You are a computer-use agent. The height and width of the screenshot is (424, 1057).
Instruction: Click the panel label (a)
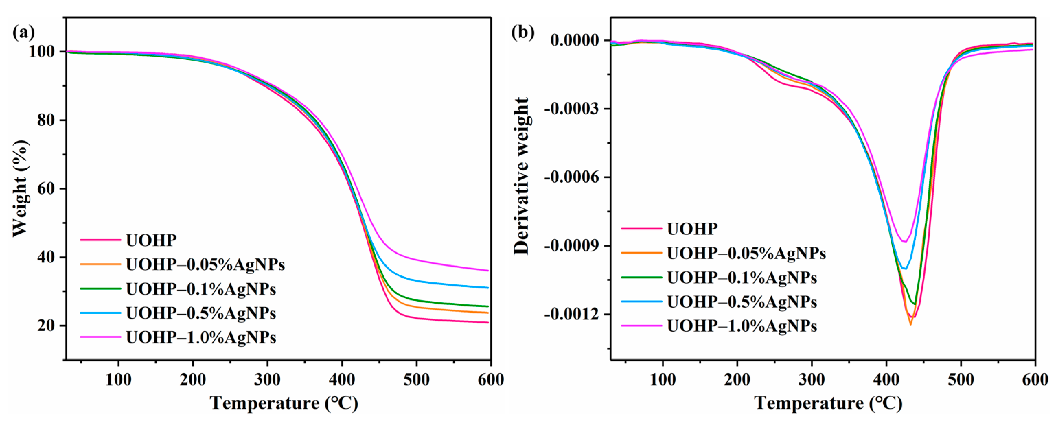point(24,32)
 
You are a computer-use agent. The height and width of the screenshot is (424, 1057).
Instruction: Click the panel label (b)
point(522,32)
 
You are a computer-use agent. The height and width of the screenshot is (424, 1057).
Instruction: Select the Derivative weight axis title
point(522,176)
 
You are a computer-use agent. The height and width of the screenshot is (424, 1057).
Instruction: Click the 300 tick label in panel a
point(267,379)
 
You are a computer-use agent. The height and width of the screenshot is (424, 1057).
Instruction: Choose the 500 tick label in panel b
point(961,379)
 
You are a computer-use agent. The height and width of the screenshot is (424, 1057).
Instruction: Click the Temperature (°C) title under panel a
point(284,403)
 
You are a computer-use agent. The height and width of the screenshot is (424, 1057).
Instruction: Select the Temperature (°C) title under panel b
point(828,403)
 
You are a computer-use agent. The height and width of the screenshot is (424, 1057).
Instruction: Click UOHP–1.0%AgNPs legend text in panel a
point(201,338)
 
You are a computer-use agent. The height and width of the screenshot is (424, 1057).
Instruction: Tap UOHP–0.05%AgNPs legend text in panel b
point(746,254)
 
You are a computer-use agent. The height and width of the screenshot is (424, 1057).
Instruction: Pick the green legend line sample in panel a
point(101,289)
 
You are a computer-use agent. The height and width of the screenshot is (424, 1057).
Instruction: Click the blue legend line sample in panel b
point(641,302)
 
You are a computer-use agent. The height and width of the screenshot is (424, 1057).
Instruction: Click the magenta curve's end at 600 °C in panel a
point(488,271)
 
